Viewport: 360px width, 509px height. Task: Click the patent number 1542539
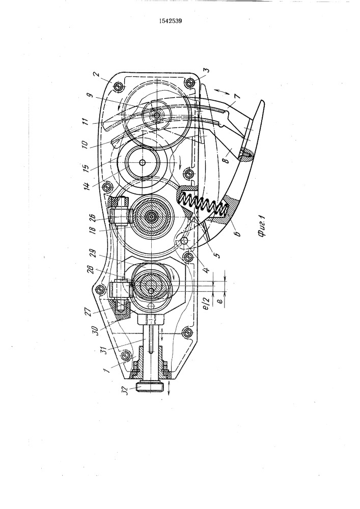[170, 21]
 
